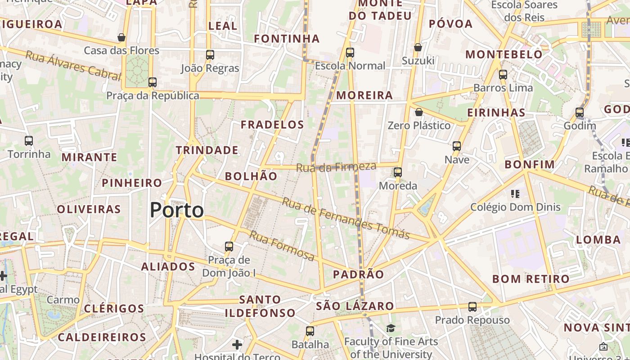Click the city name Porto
tap(176, 210)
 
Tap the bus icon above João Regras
tap(210, 55)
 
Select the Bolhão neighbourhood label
tap(251, 176)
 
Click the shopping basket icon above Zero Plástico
tap(419, 112)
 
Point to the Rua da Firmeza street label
tap(336, 167)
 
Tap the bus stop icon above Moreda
tap(398, 172)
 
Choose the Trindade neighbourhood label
tap(207, 150)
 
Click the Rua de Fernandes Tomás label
tap(346, 219)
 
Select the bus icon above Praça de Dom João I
tap(229, 247)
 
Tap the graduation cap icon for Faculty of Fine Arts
tap(391, 328)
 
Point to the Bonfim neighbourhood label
tap(529, 165)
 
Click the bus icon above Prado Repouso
tap(472, 307)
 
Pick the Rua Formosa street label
tap(282, 246)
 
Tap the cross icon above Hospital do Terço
tap(237, 345)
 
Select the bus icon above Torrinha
tap(29, 141)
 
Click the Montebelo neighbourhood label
tap(504, 54)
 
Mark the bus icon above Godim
tap(580, 112)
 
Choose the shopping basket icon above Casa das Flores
tap(121, 37)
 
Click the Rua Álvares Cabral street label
tap(73, 67)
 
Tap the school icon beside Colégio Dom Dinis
tap(515, 194)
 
